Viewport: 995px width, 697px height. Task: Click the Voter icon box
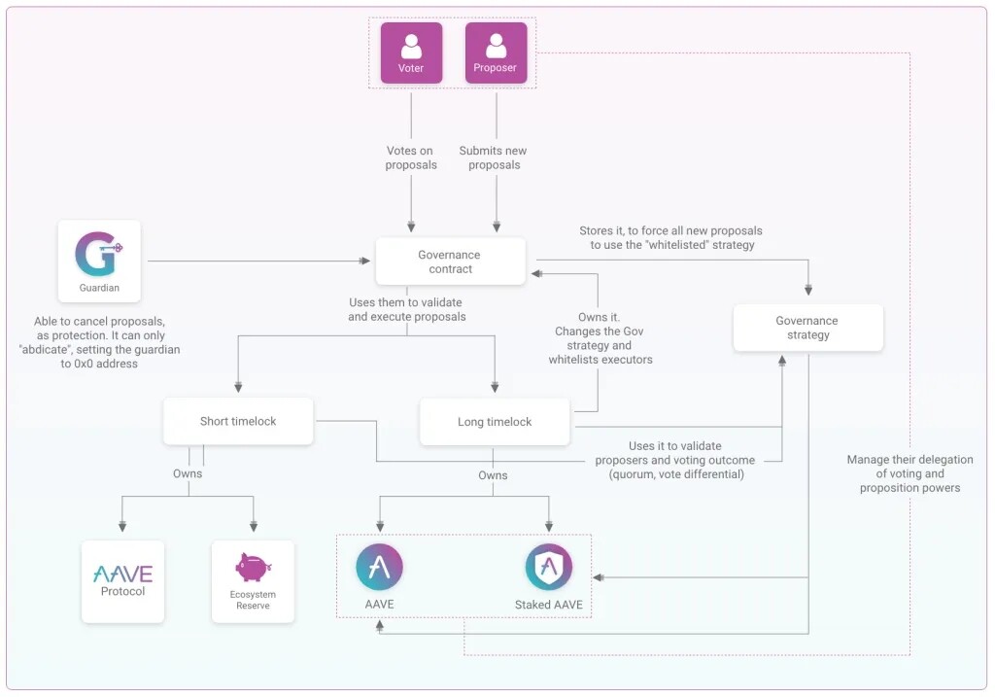411,52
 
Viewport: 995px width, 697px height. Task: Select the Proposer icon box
496,52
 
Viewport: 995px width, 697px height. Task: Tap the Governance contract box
450,261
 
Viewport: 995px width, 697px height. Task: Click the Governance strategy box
807,328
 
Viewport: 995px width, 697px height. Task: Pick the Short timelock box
238,421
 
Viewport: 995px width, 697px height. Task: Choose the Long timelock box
495,422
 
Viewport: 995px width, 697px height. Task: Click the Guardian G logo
98,254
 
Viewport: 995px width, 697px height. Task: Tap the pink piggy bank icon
252,567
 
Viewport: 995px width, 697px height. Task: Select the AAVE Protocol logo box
122,580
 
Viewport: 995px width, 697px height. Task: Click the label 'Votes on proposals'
411,157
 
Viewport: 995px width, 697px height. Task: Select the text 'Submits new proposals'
495,157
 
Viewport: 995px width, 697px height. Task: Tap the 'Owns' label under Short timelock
188,473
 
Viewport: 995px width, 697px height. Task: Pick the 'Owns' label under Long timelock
493,475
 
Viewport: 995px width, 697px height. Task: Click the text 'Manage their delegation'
909,460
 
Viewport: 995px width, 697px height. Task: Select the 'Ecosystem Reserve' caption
253,600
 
